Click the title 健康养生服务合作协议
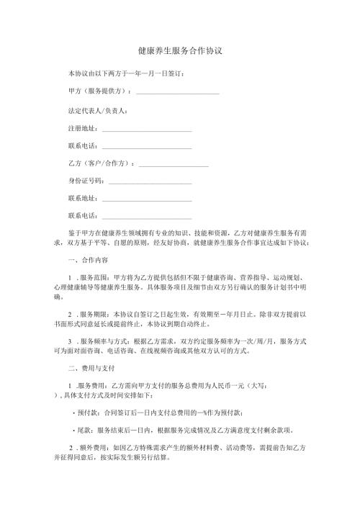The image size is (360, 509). [179, 52]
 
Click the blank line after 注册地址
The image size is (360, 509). [147, 130]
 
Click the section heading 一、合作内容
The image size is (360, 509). [87, 260]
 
